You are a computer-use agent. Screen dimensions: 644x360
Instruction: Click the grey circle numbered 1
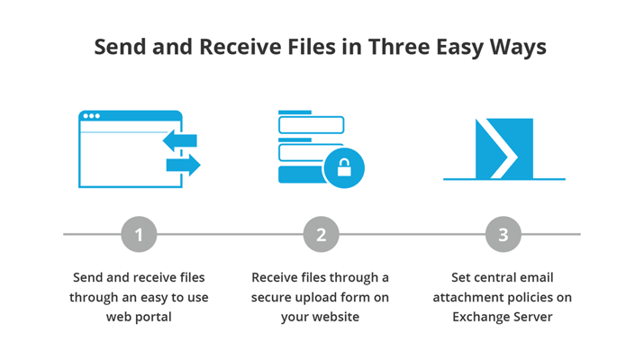point(139,234)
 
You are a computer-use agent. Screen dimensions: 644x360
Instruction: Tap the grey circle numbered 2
point(322,234)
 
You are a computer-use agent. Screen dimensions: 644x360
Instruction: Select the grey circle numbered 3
point(503,234)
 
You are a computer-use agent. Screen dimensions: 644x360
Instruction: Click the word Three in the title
point(398,47)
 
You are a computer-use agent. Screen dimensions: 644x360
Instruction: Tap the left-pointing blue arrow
point(180,140)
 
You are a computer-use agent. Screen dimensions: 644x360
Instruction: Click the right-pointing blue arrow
point(184,165)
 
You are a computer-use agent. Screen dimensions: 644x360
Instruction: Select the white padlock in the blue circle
point(344,167)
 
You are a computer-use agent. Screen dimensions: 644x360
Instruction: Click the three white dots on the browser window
point(92,116)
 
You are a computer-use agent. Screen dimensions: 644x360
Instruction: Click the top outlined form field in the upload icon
point(312,125)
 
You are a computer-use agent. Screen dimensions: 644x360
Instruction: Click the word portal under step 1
point(153,318)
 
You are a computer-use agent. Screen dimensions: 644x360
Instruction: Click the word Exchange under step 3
point(478,318)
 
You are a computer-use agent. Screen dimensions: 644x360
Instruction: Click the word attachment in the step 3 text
point(467,298)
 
